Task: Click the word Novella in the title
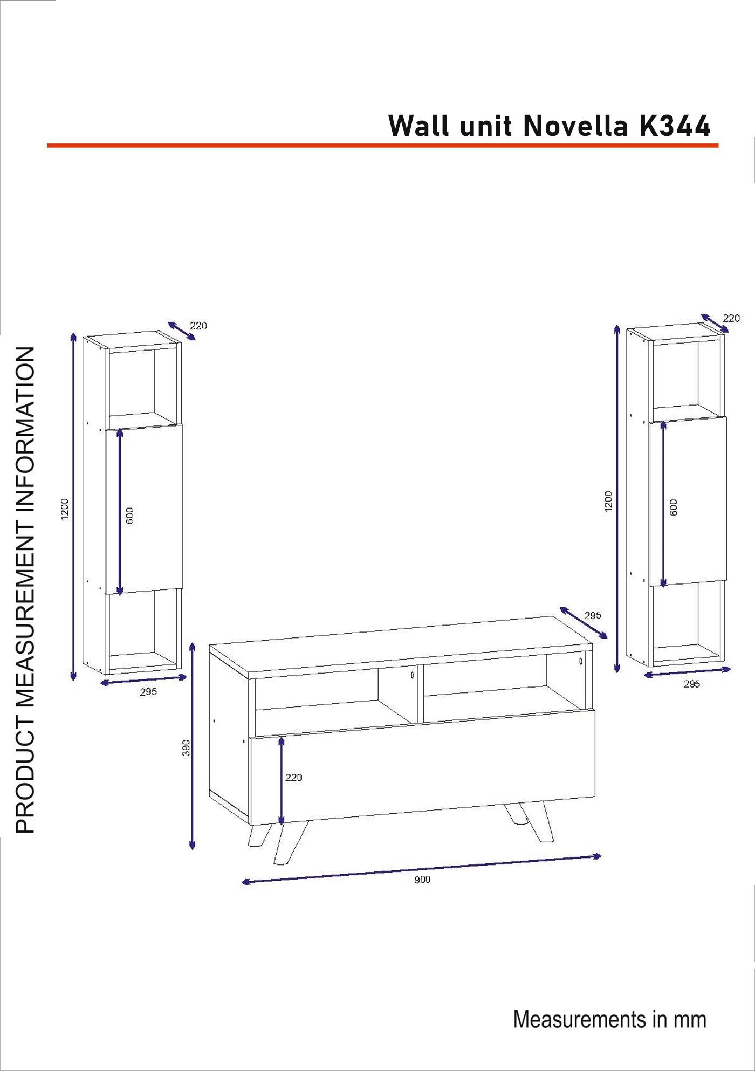[575, 126]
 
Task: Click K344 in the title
[675, 126]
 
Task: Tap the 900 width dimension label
[422, 880]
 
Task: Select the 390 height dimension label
[186, 747]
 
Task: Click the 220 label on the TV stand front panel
[293, 777]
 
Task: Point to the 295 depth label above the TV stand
[593, 615]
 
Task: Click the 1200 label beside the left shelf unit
[65, 510]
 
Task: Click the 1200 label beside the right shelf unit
[608, 502]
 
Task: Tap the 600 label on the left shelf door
[129, 516]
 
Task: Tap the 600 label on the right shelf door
[674, 507]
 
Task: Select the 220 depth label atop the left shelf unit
[198, 326]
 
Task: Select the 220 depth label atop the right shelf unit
[731, 318]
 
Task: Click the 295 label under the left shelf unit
[148, 691]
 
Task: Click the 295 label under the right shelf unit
[692, 684]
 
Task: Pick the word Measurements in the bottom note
[580, 1020]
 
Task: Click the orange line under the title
[383, 145]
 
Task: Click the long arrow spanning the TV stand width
[422, 868]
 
